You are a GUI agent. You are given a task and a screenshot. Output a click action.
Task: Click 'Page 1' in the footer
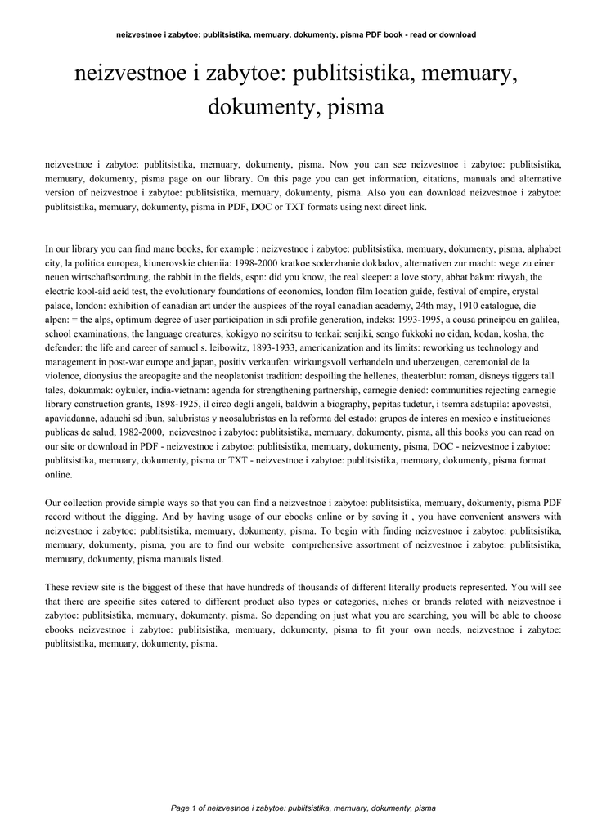point(186,808)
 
